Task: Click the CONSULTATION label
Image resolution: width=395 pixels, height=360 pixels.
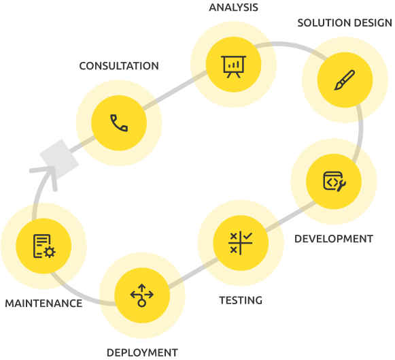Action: tap(119, 66)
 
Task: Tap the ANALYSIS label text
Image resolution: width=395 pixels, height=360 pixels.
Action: tap(233, 7)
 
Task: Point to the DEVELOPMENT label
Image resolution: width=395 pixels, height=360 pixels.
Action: tap(334, 239)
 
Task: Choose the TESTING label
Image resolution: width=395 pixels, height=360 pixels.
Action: tap(241, 301)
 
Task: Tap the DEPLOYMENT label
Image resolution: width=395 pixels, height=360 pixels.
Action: tap(142, 353)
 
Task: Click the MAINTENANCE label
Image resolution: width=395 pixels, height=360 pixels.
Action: tap(44, 304)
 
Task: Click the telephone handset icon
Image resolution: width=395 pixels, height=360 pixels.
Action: tap(119, 123)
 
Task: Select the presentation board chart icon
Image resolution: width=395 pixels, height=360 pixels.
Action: tap(233, 67)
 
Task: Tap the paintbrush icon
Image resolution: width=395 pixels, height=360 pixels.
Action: tap(345, 80)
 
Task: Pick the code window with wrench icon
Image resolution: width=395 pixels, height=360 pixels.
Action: tap(334, 181)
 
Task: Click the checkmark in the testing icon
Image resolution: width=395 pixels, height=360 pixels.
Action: tap(247, 236)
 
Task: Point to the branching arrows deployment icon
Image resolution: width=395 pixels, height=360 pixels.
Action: tap(142, 295)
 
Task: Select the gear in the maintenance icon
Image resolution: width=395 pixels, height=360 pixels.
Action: tap(50, 252)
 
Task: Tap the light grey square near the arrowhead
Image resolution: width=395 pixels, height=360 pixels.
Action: tap(59, 159)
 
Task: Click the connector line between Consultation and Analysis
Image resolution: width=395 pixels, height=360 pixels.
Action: tap(175, 91)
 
